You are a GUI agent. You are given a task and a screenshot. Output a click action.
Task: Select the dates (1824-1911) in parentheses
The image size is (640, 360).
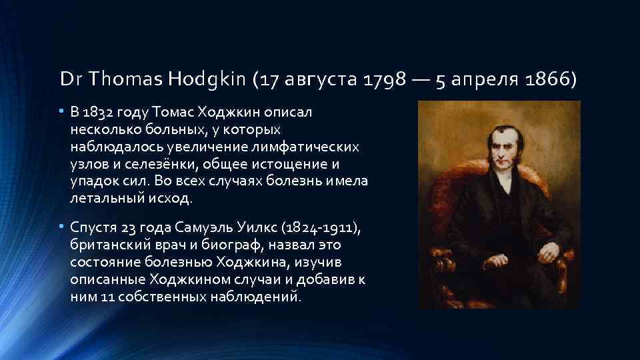point(324,229)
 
